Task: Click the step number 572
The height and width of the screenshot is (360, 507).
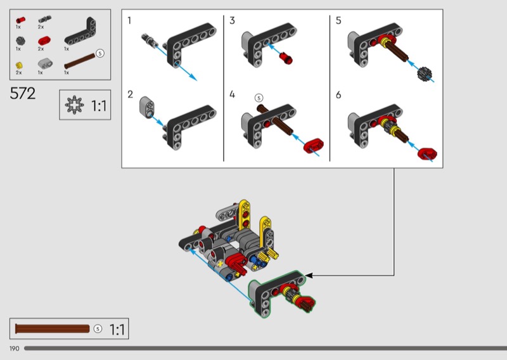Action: (x=23, y=93)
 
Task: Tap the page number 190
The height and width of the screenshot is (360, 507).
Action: (x=14, y=349)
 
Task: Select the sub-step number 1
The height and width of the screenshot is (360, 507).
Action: (x=129, y=21)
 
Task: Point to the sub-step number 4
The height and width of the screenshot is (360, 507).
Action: (x=232, y=94)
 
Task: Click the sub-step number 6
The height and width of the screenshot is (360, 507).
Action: (x=338, y=95)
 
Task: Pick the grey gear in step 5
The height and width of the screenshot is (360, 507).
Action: (x=425, y=74)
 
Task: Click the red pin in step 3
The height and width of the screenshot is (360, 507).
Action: (x=286, y=58)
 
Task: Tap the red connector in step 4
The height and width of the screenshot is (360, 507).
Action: (x=313, y=146)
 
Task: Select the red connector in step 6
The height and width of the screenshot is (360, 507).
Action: (x=427, y=153)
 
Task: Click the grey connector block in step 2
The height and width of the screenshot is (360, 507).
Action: (x=147, y=107)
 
